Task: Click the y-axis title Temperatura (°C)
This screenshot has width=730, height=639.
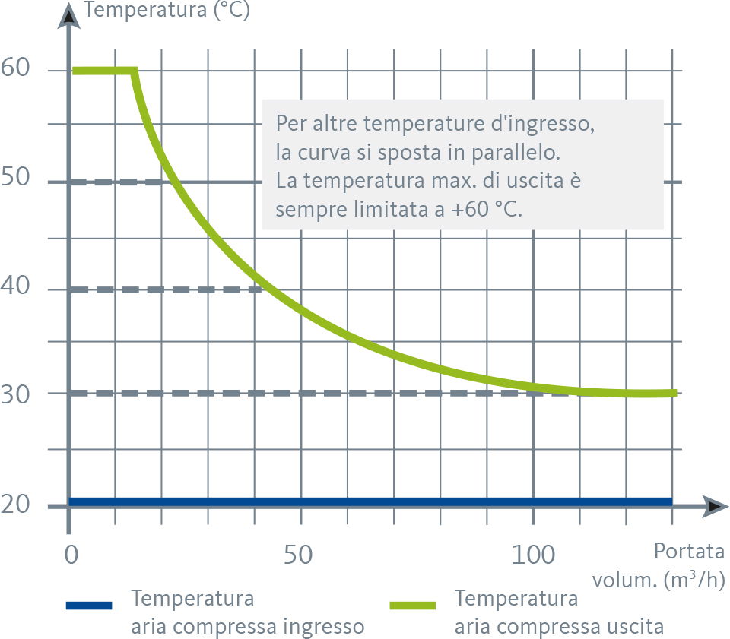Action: pyautogui.click(x=167, y=11)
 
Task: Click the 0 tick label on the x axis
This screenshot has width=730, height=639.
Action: pyautogui.click(x=71, y=555)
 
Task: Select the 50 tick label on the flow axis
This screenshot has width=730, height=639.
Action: pyautogui.click(x=300, y=555)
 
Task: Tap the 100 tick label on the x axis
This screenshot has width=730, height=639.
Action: pyautogui.click(x=532, y=555)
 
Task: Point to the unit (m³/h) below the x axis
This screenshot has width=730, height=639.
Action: pyautogui.click(x=693, y=580)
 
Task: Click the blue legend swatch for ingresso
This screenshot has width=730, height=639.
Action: pyautogui.click(x=89, y=605)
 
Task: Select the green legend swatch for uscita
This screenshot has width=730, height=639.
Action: pyautogui.click(x=412, y=605)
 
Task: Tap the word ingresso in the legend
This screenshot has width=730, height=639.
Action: pyautogui.click(x=319, y=627)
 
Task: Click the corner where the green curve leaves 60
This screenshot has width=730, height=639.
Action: pyautogui.click(x=135, y=71)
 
